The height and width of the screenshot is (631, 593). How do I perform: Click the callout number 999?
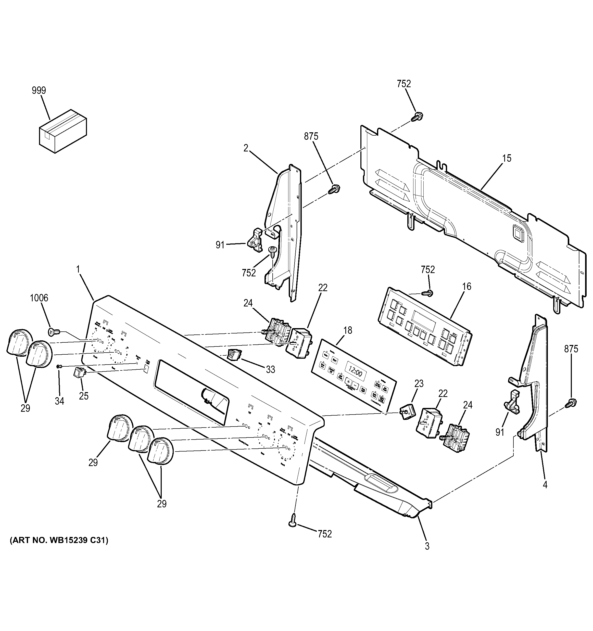[39, 91]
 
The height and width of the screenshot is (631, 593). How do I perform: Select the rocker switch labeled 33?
[234, 355]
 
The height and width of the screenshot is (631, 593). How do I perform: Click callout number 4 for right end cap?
[545, 494]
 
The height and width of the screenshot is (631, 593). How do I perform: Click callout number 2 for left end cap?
[246, 148]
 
